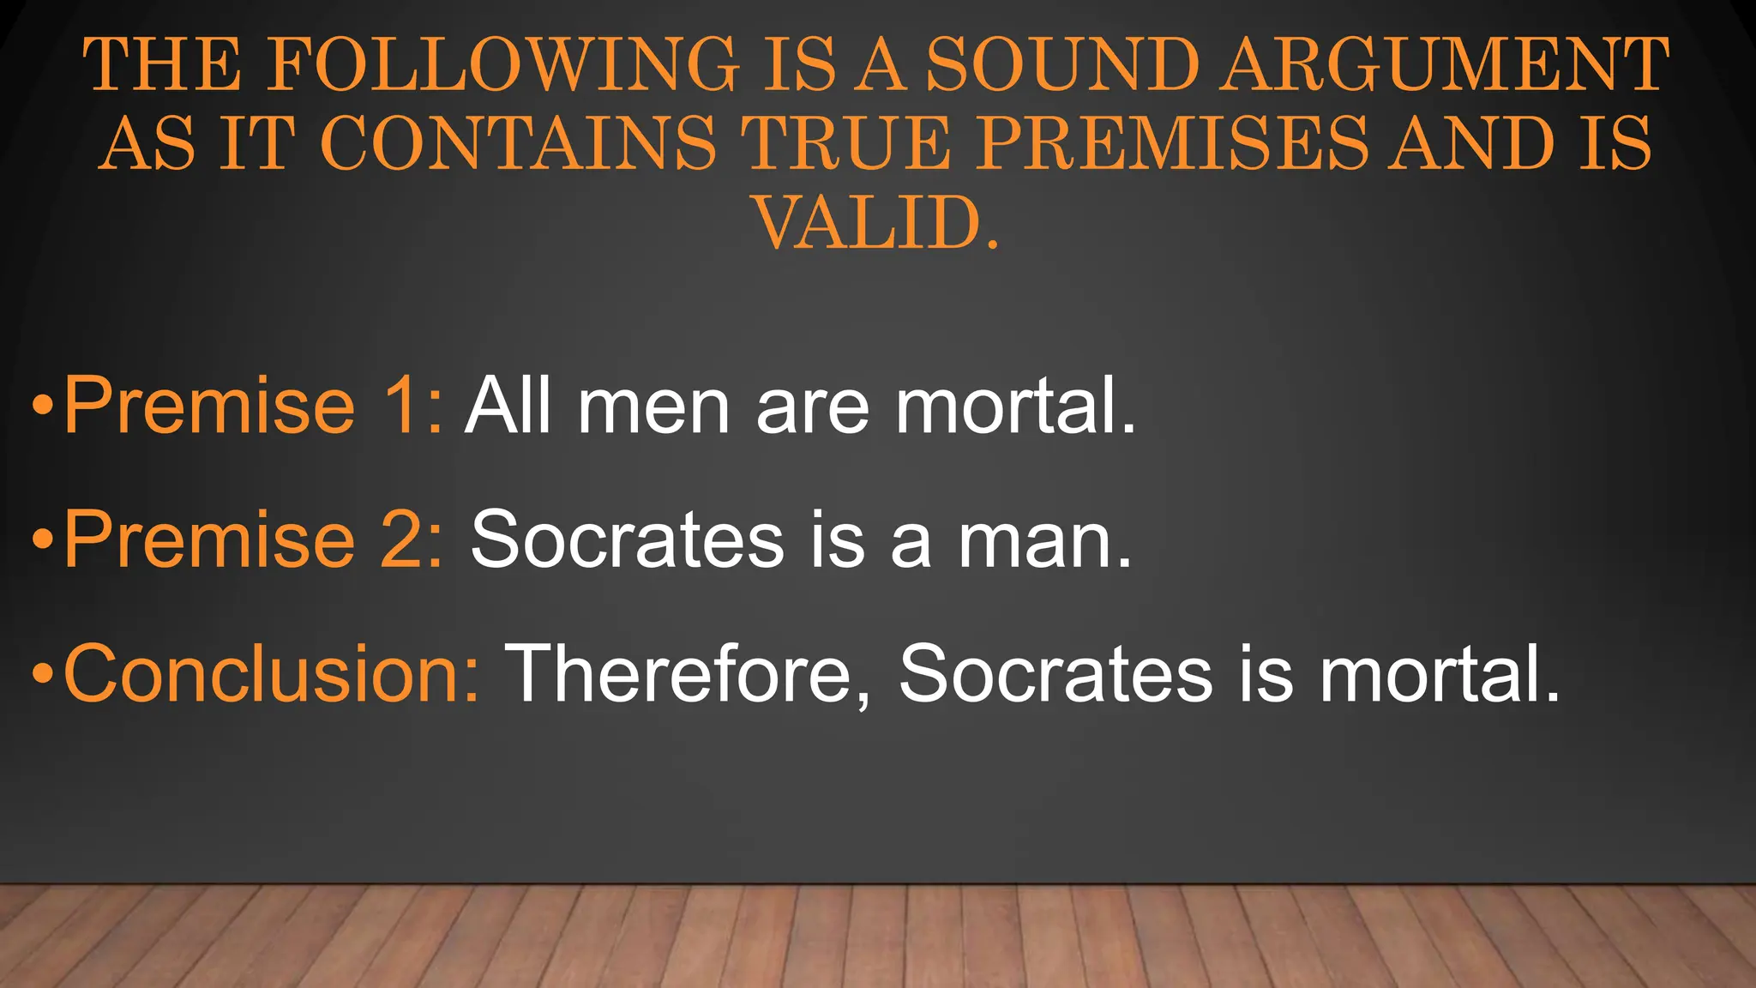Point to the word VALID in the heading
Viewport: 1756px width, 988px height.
coord(866,223)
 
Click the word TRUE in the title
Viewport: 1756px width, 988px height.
coord(845,142)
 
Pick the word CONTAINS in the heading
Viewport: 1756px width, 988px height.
coord(518,142)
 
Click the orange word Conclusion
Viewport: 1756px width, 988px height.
coord(271,674)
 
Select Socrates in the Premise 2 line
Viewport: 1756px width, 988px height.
coord(627,539)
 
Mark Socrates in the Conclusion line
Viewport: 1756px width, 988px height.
coord(1055,674)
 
